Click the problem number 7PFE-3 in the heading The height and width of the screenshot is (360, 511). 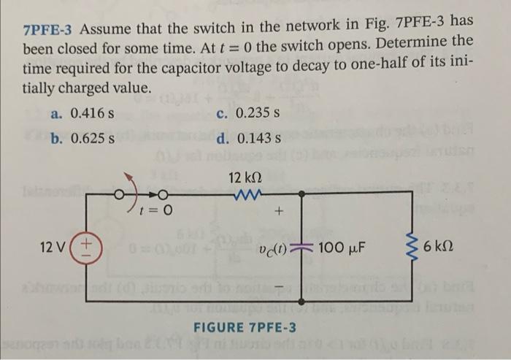49,31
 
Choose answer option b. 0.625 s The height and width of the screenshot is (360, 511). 82,138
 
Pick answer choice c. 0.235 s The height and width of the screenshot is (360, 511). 249,115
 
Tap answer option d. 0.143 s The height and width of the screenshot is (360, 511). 249,138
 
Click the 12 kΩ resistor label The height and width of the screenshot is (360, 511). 245,179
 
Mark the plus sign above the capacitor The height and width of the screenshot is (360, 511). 280,215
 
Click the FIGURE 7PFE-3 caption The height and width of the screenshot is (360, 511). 245,326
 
